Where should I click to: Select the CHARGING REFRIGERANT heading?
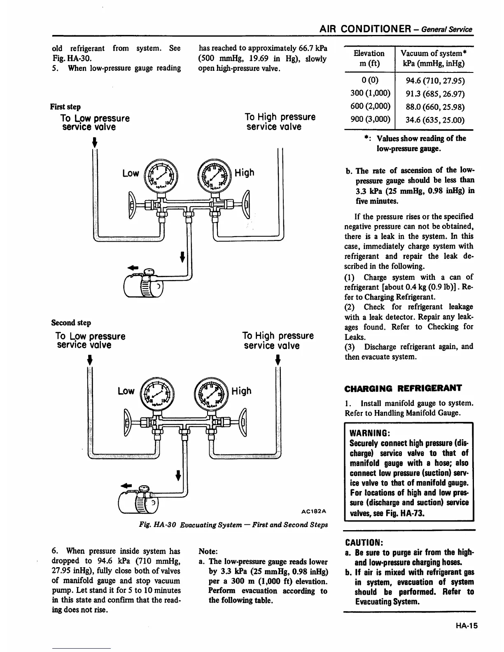pos(403,388)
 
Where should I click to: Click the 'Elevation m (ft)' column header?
pos(369,58)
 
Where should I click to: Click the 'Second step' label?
pos(71,323)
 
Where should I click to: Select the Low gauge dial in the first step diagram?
pos(161,176)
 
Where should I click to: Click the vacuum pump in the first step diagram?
pos(144,284)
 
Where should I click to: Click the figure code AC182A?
pos(314,512)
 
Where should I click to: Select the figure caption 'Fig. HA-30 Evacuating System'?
pos(234,525)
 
